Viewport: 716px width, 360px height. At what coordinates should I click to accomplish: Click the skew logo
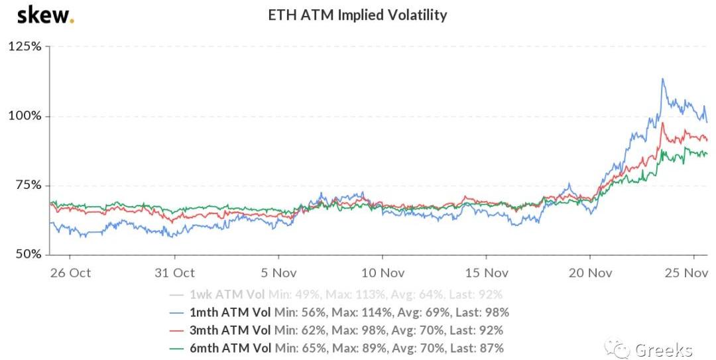click(45, 15)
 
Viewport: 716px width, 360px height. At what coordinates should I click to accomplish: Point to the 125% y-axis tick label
click(25, 47)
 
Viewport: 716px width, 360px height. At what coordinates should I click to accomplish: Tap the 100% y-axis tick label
click(25, 116)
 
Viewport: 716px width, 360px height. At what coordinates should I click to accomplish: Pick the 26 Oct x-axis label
click(70, 272)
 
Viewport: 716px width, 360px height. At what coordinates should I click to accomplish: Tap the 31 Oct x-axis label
click(174, 272)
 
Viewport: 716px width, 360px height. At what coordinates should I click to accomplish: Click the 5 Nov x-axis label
click(278, 272)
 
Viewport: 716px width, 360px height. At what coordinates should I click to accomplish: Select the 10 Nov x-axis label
click(383, 272)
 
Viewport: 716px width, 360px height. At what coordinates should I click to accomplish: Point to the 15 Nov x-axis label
click(487, 272)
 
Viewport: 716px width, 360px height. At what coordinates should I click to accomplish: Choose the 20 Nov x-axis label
click(591, 272)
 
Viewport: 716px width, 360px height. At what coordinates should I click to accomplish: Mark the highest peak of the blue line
click(662, 79)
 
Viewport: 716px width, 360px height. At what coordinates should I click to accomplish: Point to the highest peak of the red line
click(662, 123)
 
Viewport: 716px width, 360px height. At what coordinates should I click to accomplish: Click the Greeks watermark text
click(664, 349)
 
